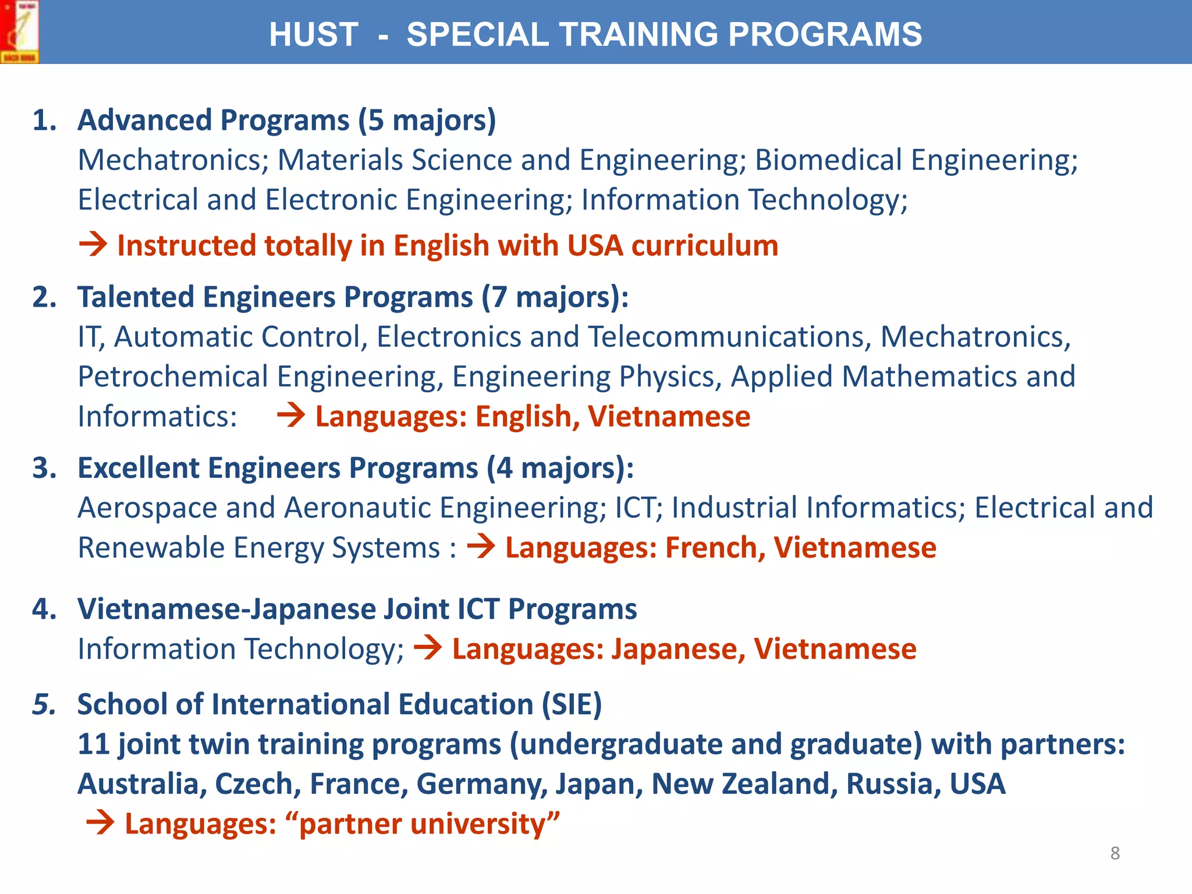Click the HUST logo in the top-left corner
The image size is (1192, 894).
[x=19, y=31]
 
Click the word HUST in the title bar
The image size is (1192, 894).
[x=313, y=34]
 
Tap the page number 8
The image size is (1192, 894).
[x=1115, y=853]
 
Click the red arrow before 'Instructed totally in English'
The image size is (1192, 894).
[x=93, y=244]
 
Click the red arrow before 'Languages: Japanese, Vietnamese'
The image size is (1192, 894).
[x=428, y=648]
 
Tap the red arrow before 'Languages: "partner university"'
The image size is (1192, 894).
[x=100, y=824]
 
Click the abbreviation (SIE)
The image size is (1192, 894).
[x=572, y=704]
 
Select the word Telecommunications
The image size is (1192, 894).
[x=729, y=337]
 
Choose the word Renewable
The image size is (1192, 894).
[x=151, y=548]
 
